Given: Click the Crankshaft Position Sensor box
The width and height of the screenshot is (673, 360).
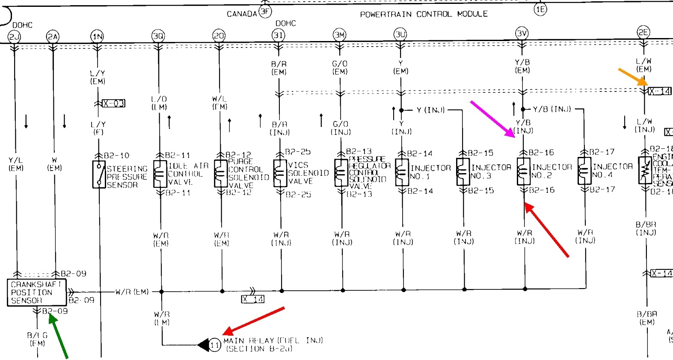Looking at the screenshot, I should [36, 292].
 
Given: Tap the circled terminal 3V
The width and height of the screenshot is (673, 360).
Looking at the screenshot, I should [522, 33].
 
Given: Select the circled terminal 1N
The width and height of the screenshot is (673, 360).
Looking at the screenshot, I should [97, 36].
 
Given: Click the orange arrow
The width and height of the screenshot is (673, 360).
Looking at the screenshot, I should [632, 77].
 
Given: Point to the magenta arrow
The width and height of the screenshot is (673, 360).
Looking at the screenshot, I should [493, 119].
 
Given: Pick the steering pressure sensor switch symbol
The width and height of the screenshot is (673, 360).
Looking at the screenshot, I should [99, 174].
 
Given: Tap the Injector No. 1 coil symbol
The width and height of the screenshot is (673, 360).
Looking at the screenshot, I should [402, 172].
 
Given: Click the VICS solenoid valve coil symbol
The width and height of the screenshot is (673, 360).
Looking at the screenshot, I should [280, 173].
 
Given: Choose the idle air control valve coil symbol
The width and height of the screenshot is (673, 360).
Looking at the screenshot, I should [160, 174].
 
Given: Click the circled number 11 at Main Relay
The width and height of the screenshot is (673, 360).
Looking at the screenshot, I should [215, 345].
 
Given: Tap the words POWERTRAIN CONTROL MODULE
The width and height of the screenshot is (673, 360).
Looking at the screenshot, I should [424, 14].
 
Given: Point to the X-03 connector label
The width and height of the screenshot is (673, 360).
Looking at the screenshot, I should [113, 103].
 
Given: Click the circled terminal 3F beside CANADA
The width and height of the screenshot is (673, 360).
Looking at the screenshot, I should [265, 12].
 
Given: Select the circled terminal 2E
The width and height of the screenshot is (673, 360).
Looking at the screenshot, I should [643, 32].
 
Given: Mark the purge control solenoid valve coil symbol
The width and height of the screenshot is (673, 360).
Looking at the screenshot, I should [220, 174].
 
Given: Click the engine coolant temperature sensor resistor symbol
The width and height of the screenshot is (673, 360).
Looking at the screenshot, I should [645, 170].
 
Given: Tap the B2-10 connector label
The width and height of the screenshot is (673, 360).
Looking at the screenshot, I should [116, 156].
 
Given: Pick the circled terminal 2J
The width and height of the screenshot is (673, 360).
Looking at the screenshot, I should [15, 37].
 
